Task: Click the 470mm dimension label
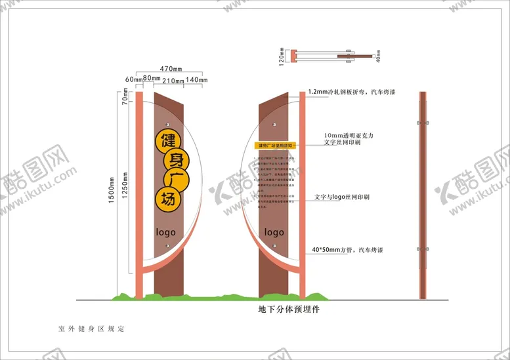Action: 171,68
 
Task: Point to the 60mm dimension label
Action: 134,80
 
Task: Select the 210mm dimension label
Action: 173,80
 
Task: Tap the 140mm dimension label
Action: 196,80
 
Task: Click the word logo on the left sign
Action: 165,232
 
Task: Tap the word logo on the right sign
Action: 274,232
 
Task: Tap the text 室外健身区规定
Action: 91,328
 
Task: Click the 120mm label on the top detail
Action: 282,56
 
